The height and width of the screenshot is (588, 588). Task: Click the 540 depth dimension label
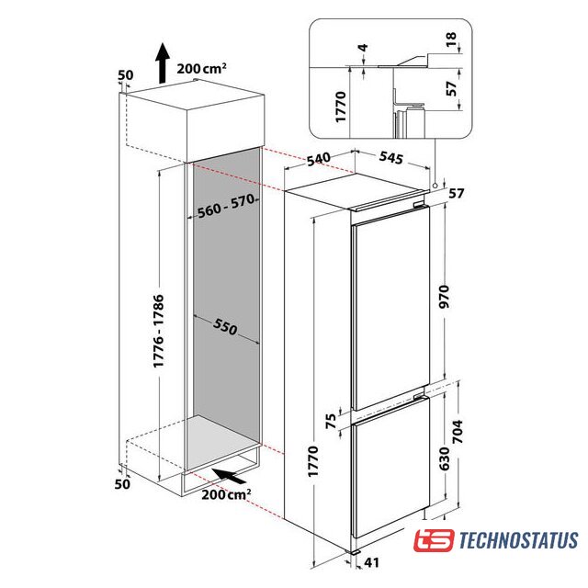pos(319,159)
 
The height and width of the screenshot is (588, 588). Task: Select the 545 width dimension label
pos(390,158)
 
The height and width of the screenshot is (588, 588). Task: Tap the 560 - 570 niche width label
pos(226,207)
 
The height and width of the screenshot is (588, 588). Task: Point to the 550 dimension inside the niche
pos(225,326)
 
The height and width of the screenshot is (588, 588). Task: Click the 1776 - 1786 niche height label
pos(159,331)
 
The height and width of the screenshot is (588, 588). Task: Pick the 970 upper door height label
pos(444,297)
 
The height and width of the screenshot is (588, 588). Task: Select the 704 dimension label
pos(458,432)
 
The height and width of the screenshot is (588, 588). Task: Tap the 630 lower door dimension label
pos(445,458)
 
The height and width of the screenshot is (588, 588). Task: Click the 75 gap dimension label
pos(331,421)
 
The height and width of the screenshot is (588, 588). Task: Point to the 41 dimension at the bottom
pos(371,562)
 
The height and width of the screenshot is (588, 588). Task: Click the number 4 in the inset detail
pos(363,48)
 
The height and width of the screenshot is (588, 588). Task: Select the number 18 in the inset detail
pos(451,39)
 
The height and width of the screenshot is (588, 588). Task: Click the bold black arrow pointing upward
pos(163,62)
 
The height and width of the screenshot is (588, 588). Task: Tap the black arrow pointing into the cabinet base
pos(229,476)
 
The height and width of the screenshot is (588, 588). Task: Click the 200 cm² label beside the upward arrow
pos(202,69)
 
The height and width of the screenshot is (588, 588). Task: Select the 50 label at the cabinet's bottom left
pos(122,484)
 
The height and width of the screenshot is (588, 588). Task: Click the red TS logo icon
pos(434,540)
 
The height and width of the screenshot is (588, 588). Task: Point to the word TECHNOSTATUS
pos(518,540)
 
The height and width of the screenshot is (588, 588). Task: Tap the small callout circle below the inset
pos(435,186)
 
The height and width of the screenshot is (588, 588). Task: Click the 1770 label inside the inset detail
pos(341,107)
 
